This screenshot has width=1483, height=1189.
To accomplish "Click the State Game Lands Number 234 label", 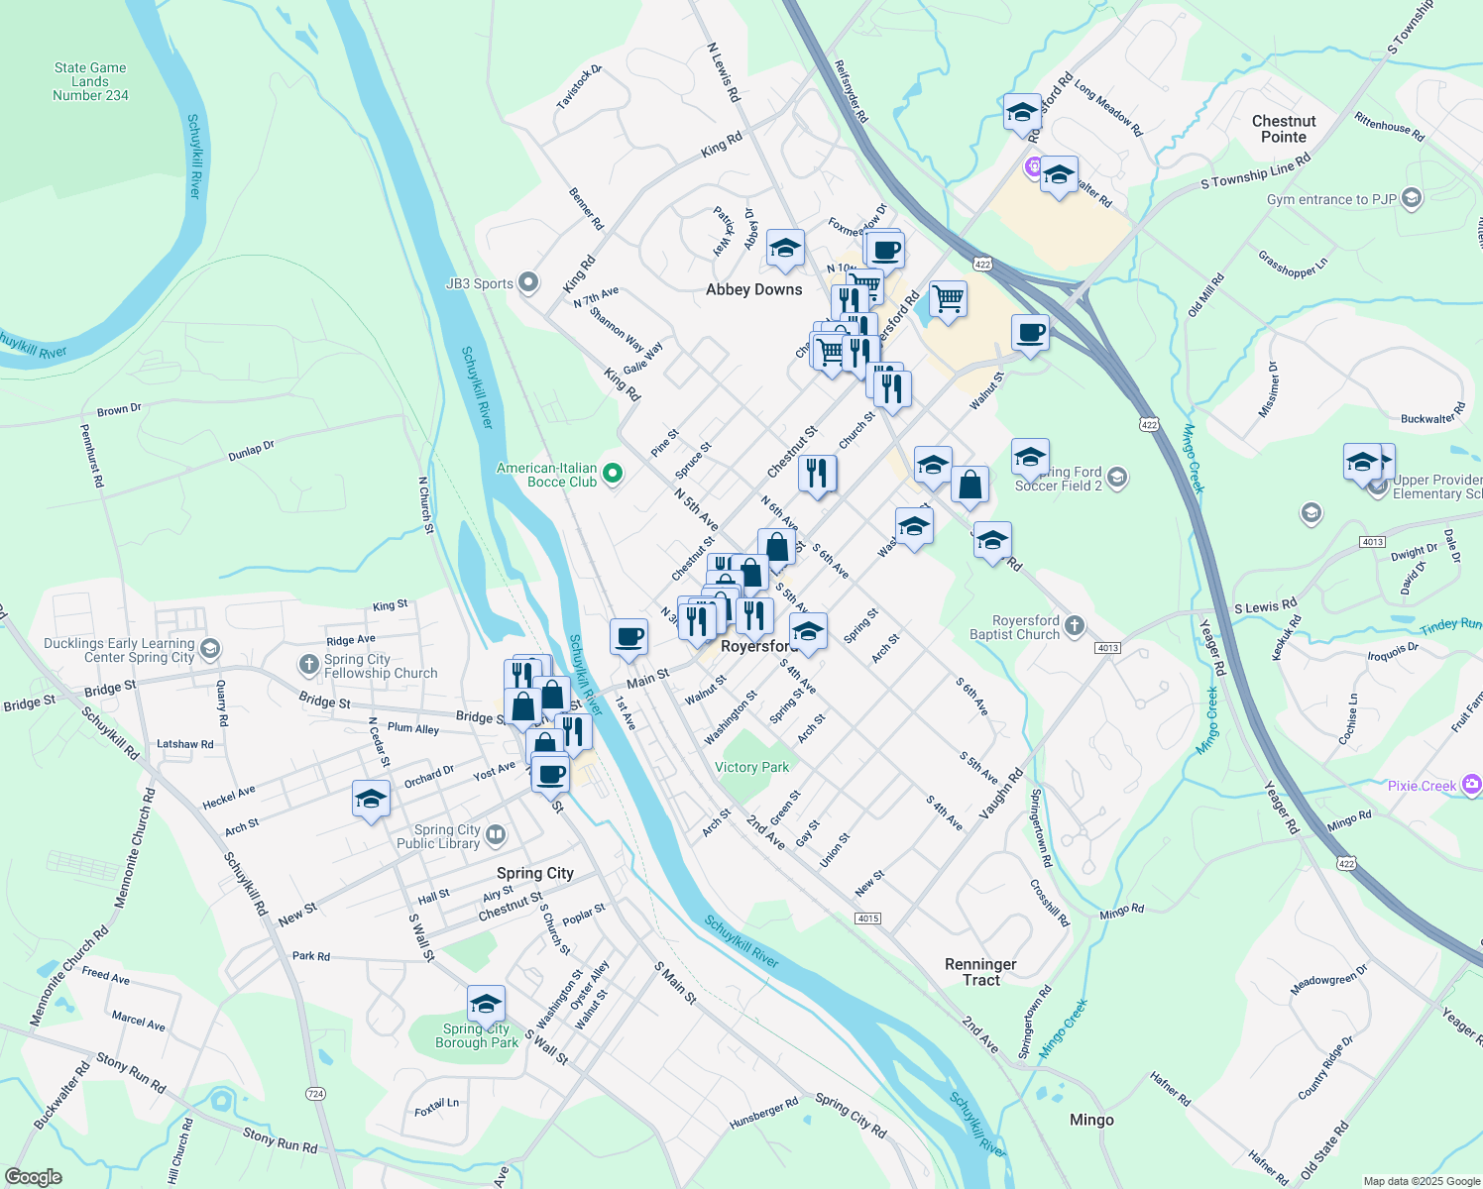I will (90, 82).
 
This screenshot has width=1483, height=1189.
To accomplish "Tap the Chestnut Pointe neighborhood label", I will (1284, 129).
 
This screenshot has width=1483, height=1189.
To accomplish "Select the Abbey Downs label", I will (753, 289).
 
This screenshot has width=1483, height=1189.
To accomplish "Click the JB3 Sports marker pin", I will (528, 283).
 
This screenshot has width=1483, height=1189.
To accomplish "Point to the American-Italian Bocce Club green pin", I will (613, 475).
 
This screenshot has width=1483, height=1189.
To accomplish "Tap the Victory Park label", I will (751, 767).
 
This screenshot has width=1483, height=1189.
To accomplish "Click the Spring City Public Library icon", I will (496, 836).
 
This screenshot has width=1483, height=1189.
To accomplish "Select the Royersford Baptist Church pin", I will (1075, 626).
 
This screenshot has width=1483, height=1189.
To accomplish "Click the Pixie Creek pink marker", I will (1471, 786).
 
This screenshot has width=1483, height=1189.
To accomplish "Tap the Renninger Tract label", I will (980, 972).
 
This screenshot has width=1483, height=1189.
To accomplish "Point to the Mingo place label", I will (1091, 1120).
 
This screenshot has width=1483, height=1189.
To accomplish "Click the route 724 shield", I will (315, 1094).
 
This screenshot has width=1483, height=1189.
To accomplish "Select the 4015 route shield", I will (867, 919).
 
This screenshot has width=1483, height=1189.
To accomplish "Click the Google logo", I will (34, 1177).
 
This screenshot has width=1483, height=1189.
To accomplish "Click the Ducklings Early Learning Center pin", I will (209, 649).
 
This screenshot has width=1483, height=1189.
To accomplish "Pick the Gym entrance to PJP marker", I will (1412, 198).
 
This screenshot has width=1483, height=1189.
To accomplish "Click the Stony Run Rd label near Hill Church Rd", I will (280, 1141).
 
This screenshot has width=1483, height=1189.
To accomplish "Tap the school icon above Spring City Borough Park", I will (485, 1005).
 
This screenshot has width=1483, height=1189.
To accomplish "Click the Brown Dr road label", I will (119, 409).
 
